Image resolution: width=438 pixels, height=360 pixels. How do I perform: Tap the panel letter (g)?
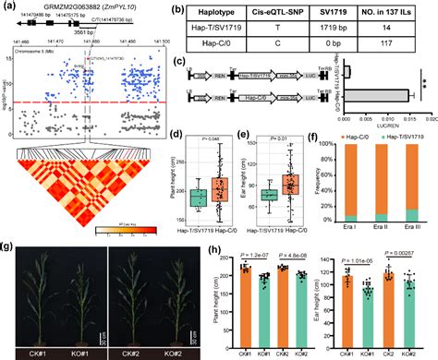(x=7, y=248)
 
